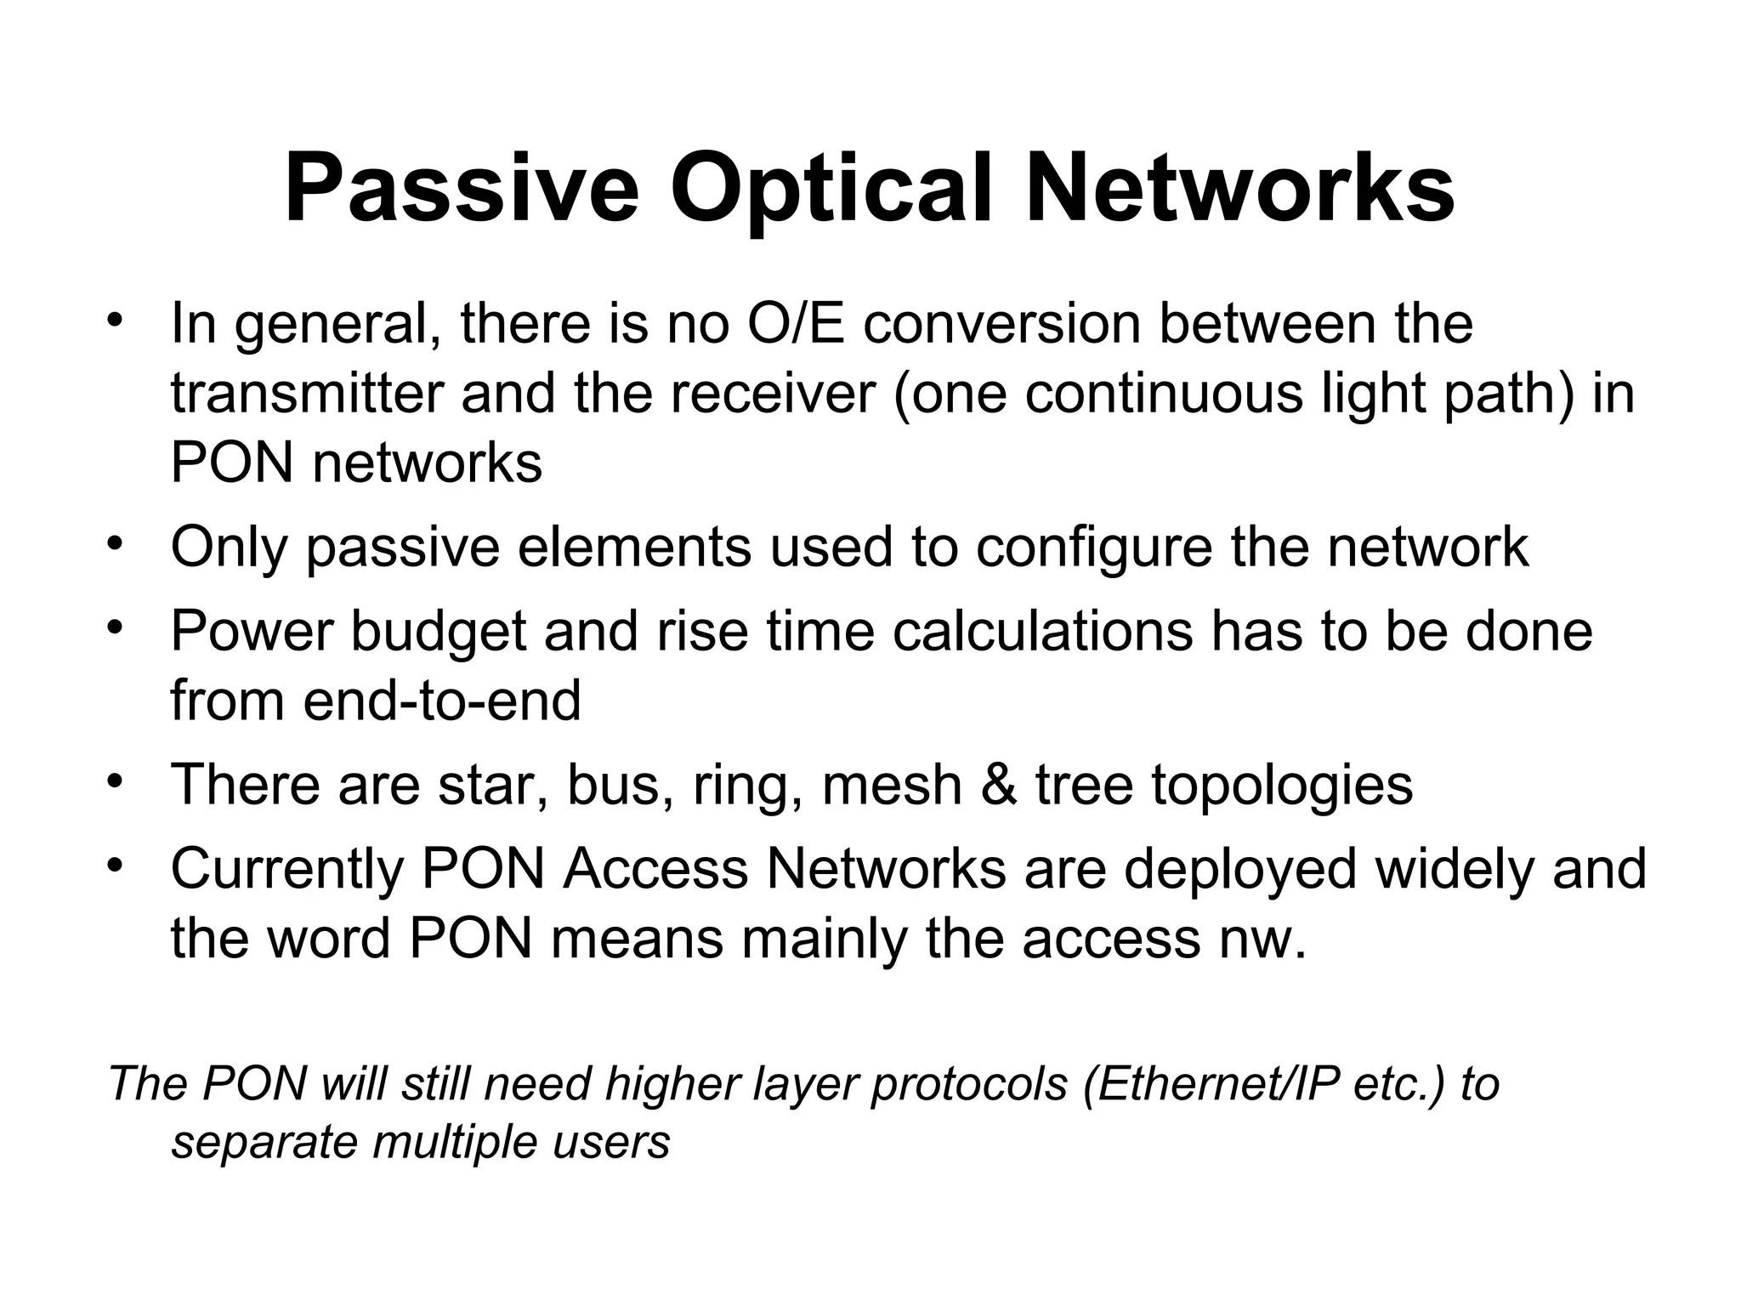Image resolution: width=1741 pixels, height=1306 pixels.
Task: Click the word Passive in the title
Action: coord(462,189)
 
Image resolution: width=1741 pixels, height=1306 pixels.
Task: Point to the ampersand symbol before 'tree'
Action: coord(998,784)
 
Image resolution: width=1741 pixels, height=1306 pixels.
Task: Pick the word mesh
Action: coord(892,784)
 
